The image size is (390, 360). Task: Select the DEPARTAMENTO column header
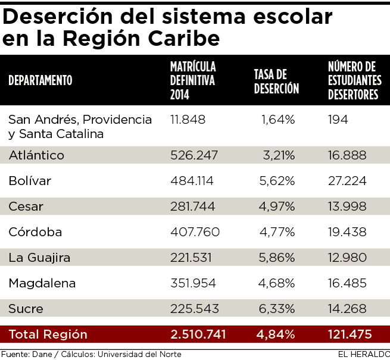40,80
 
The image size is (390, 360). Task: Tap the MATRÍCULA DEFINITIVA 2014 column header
193,80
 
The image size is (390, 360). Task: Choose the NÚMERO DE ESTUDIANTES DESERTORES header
355,80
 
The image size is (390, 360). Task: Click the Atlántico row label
36,155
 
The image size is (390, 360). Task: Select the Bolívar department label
30,181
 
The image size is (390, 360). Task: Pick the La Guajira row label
39,258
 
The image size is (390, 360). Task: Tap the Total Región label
48,334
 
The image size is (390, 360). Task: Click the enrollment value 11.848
188,120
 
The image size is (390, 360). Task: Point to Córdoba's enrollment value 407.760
195,232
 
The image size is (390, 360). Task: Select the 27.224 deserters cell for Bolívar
347,181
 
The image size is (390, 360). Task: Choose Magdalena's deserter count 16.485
347,283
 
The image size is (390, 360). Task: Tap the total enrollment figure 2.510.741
198,334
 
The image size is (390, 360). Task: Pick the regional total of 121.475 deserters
350,334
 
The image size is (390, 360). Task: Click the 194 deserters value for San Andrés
338,120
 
